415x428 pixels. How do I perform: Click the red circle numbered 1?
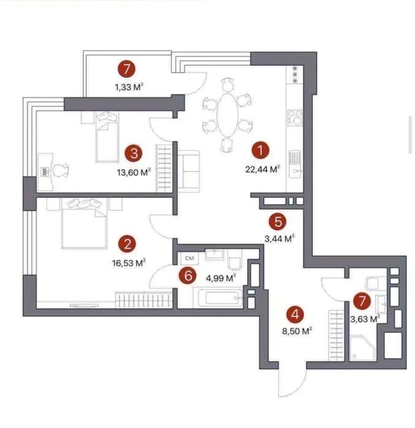click(261, 151)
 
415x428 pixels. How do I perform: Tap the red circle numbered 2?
click(128, 244)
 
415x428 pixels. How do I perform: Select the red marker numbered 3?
click(134, 154)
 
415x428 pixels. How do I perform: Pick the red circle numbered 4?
click(295, 315)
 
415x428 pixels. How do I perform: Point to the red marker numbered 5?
click(278, 222)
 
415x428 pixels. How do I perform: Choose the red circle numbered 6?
click(188, 276)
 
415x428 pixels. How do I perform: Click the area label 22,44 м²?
click(262, 169)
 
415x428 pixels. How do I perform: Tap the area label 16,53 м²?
click(129, 263)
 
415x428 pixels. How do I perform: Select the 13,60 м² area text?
click(134, 172)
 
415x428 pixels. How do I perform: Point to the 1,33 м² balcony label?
click(129, 88)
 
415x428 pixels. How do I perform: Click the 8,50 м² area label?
click(297, 331)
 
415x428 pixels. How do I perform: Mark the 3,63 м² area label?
click(365, 319)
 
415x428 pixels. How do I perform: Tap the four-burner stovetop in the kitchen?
click(294, 118)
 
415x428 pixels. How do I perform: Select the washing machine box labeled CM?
click(189, 258)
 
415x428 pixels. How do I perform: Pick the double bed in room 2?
click(84, 224)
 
